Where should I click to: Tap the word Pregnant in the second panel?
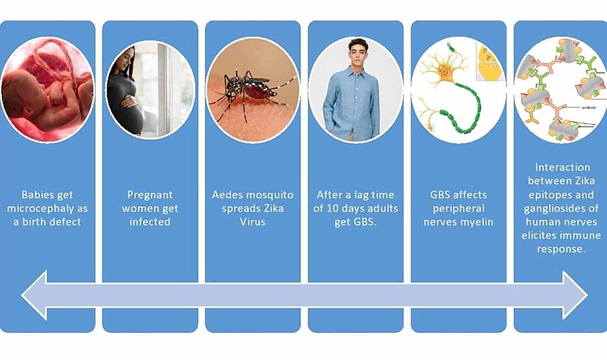(150, 195)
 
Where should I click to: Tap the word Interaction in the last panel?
(563, 167)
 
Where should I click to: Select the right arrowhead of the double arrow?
(575, 295)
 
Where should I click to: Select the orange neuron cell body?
(445, 70)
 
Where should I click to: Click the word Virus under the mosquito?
(252, 222)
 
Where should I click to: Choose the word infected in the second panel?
(150, 222)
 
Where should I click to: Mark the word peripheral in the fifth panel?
(459, 209)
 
